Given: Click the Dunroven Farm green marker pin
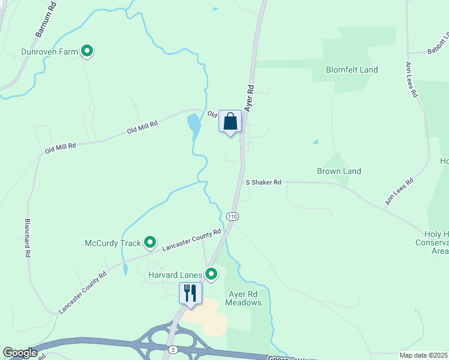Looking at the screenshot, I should click(x=87, y=52).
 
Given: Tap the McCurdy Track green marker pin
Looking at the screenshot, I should click(x=150, y=243).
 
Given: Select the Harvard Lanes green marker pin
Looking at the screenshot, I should click(x=211, y=274).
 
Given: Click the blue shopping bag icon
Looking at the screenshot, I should click(x=230, y=122).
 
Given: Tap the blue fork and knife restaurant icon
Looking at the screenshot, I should click(x=191, y=293).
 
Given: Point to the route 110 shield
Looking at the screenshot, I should click(x=233, y=216).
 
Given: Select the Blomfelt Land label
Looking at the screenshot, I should click(x=352, y=70).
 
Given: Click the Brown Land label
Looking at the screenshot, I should click(x=339, y=171).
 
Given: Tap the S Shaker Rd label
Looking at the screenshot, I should click(x=264, y=182).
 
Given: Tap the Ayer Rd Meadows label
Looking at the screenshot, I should click(x=244, y=298).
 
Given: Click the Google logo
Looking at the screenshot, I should click(x=20, y=353).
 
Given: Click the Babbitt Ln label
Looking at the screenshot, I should click(x=439, y=44).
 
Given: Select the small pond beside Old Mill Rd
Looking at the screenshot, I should click(x=194, y=125).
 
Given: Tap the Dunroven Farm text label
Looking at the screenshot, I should click(x=49, y=52).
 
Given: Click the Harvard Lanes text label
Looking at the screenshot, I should click(x=175, y=275).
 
